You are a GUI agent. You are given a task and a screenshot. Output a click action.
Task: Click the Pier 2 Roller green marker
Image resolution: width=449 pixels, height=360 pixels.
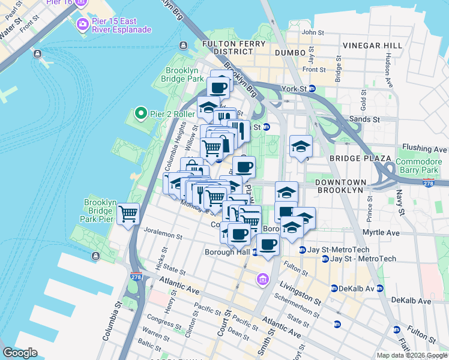pyautogui.click(x=140, y=113)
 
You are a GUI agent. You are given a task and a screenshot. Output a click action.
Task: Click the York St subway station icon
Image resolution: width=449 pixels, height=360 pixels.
pyautogui.click(x=312, y=89)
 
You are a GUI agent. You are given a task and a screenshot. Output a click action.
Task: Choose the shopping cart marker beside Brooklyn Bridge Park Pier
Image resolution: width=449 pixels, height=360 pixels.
pyautogui.click(x=128, y=213)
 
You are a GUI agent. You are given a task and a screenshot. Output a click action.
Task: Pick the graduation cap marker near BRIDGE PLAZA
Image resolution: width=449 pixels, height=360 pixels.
pyautogui.click(x=301, y=146)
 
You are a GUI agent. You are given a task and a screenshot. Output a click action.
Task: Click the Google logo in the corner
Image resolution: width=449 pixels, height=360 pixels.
pyautogui.click(x=20, y=353)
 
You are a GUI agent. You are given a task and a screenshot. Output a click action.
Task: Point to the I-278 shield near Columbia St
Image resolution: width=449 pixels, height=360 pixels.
pyautogui.click(x=136, y=277)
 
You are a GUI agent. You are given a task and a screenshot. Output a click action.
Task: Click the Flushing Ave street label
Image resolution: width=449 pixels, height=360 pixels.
pyautogui.click(x=425, y=148)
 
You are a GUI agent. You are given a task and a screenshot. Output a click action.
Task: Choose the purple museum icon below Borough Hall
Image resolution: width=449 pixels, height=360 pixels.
pyautogui.click(x=263, y=279)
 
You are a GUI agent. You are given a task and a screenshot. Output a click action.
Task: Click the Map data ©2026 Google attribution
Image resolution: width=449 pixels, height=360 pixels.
pyautogui.click(x=412, y=355)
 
